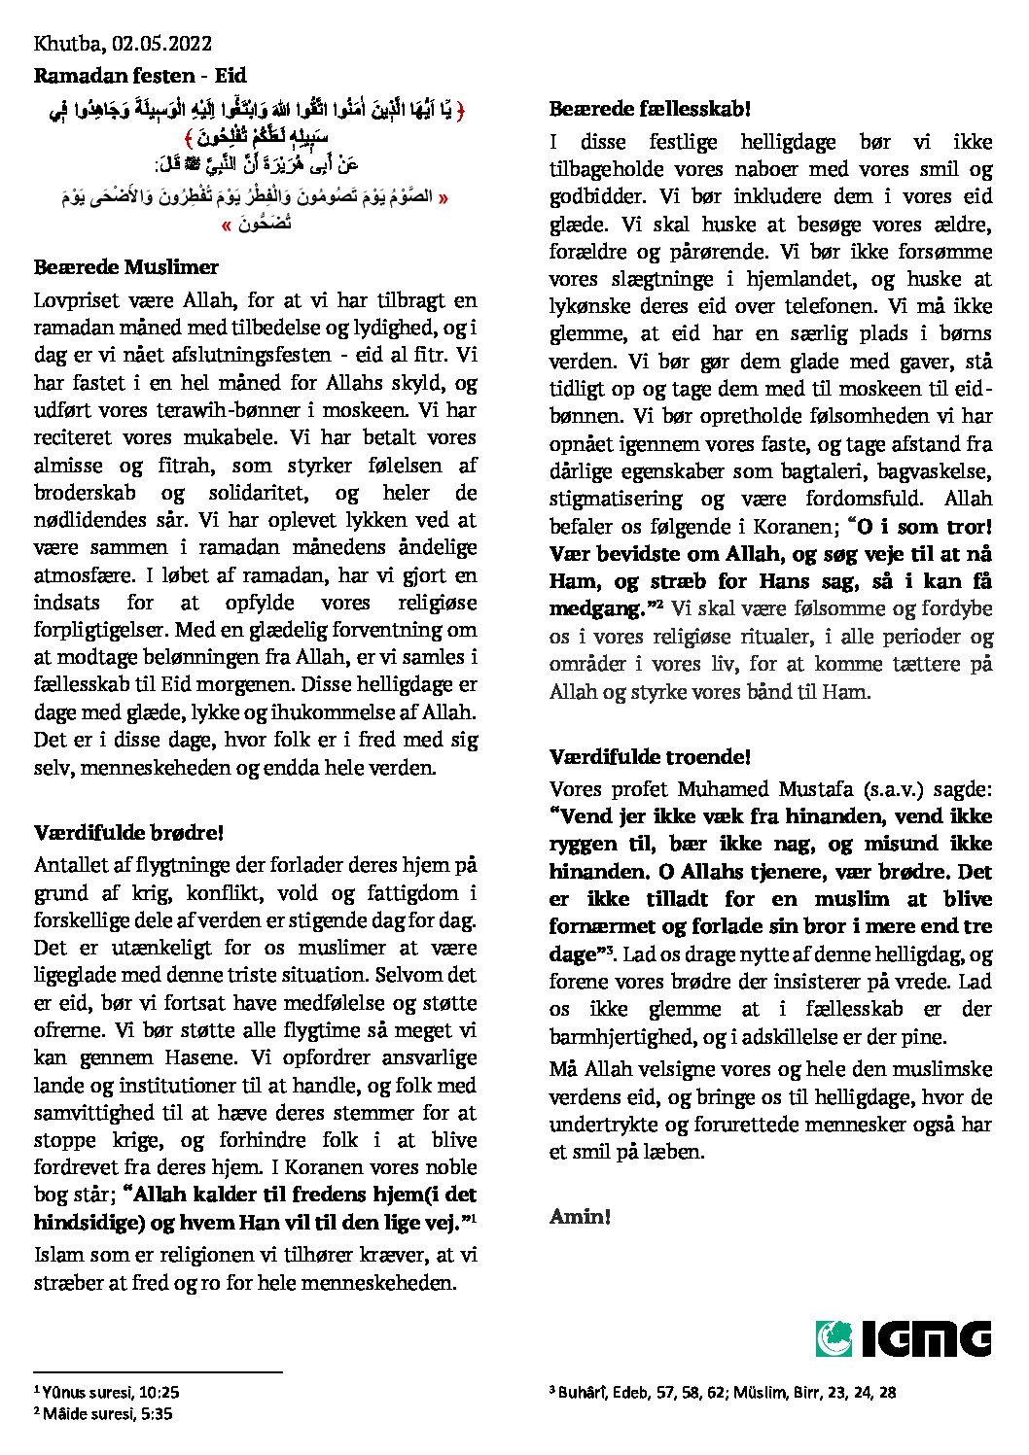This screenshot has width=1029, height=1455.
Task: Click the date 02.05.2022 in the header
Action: (161, 44)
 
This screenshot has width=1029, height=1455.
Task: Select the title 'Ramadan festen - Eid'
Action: (140, 75)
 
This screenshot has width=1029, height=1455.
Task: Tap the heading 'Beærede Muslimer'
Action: (126, 267)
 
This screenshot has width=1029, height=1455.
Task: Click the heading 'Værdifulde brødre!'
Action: (129, 833)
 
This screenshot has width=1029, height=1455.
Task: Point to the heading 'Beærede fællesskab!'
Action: (650, 109)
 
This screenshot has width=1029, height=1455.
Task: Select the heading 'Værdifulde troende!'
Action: (650, 756)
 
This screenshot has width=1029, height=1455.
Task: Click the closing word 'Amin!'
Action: (580, 1216)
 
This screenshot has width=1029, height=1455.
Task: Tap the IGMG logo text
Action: (926, 1338)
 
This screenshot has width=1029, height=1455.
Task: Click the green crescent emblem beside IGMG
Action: (834, 1338)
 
